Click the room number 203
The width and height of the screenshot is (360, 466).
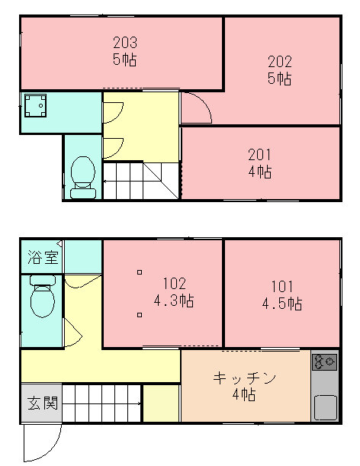[x=125, y=43]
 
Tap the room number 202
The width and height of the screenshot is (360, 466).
[x=280, y=62]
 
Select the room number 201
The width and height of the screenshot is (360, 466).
[x=260, y=155]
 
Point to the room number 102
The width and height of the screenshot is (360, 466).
[x=175, y=283]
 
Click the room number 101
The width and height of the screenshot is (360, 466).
[x=282, y=286]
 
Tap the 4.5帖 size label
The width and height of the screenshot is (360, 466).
[x=282, y=304]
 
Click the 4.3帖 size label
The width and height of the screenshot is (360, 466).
[x=174, y=300]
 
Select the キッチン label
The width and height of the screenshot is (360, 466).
[x=244, y=378]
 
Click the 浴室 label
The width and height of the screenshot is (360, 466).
[x=43, y=257]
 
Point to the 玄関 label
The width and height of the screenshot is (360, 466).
[x=43, y=403]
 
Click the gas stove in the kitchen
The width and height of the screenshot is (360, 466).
[x=324, y=362]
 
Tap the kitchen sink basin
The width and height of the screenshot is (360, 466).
[x=326, y=407]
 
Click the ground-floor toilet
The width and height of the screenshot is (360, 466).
[x=43, y=296]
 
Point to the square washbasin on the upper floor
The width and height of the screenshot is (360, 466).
[x=35, y=105]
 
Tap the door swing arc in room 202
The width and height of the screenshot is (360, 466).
[x=203, y=101]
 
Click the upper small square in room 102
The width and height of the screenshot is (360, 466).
[x=140, y=272]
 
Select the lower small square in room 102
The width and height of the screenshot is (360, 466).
[x=140, y=315]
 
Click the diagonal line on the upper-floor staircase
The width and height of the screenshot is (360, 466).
[x=161, y=181]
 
